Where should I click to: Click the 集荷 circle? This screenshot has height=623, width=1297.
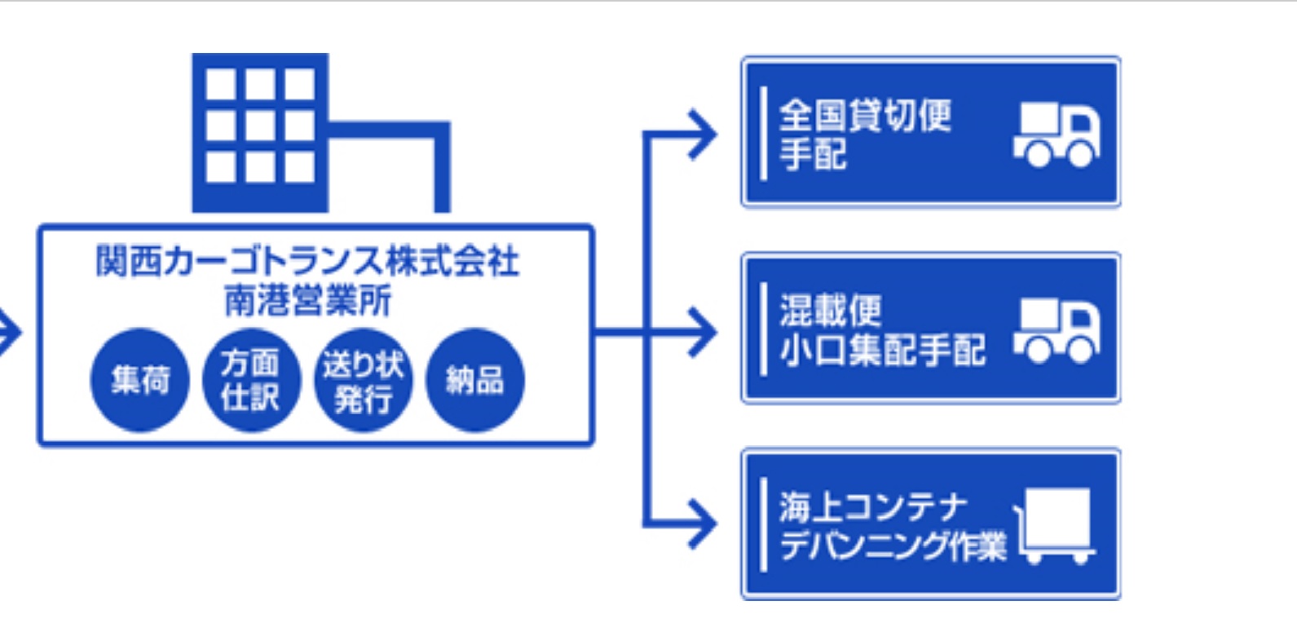[x=139, y=380]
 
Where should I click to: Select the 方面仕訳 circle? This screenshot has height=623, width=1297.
[x=251, y=380]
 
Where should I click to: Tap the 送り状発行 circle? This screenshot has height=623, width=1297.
[x=364, y=380]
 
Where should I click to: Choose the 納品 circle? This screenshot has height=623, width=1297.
[x=475, y=380]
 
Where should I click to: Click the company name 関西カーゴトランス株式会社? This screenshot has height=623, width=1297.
[x=307, y=262]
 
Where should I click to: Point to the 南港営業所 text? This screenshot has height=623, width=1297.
[x=307, y=300]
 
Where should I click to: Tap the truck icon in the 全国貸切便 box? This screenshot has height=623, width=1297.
[x=1057, y=135]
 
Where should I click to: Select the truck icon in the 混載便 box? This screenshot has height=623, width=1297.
[x=1057, y=329]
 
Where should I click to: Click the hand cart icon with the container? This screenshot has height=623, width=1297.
[x=1055, y=525]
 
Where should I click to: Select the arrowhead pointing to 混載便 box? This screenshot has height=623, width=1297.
[x=703, y=331]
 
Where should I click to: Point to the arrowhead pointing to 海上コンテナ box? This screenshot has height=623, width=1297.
[x=703, y=524]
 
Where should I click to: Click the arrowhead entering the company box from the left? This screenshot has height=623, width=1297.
[x=10, y=332]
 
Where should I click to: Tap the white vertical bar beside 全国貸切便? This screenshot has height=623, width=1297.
[x=763, y=133]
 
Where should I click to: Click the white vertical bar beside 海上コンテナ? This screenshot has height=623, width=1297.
[x=763, y=524]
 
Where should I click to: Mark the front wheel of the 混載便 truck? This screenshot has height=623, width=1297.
[x=1081, y=348]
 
